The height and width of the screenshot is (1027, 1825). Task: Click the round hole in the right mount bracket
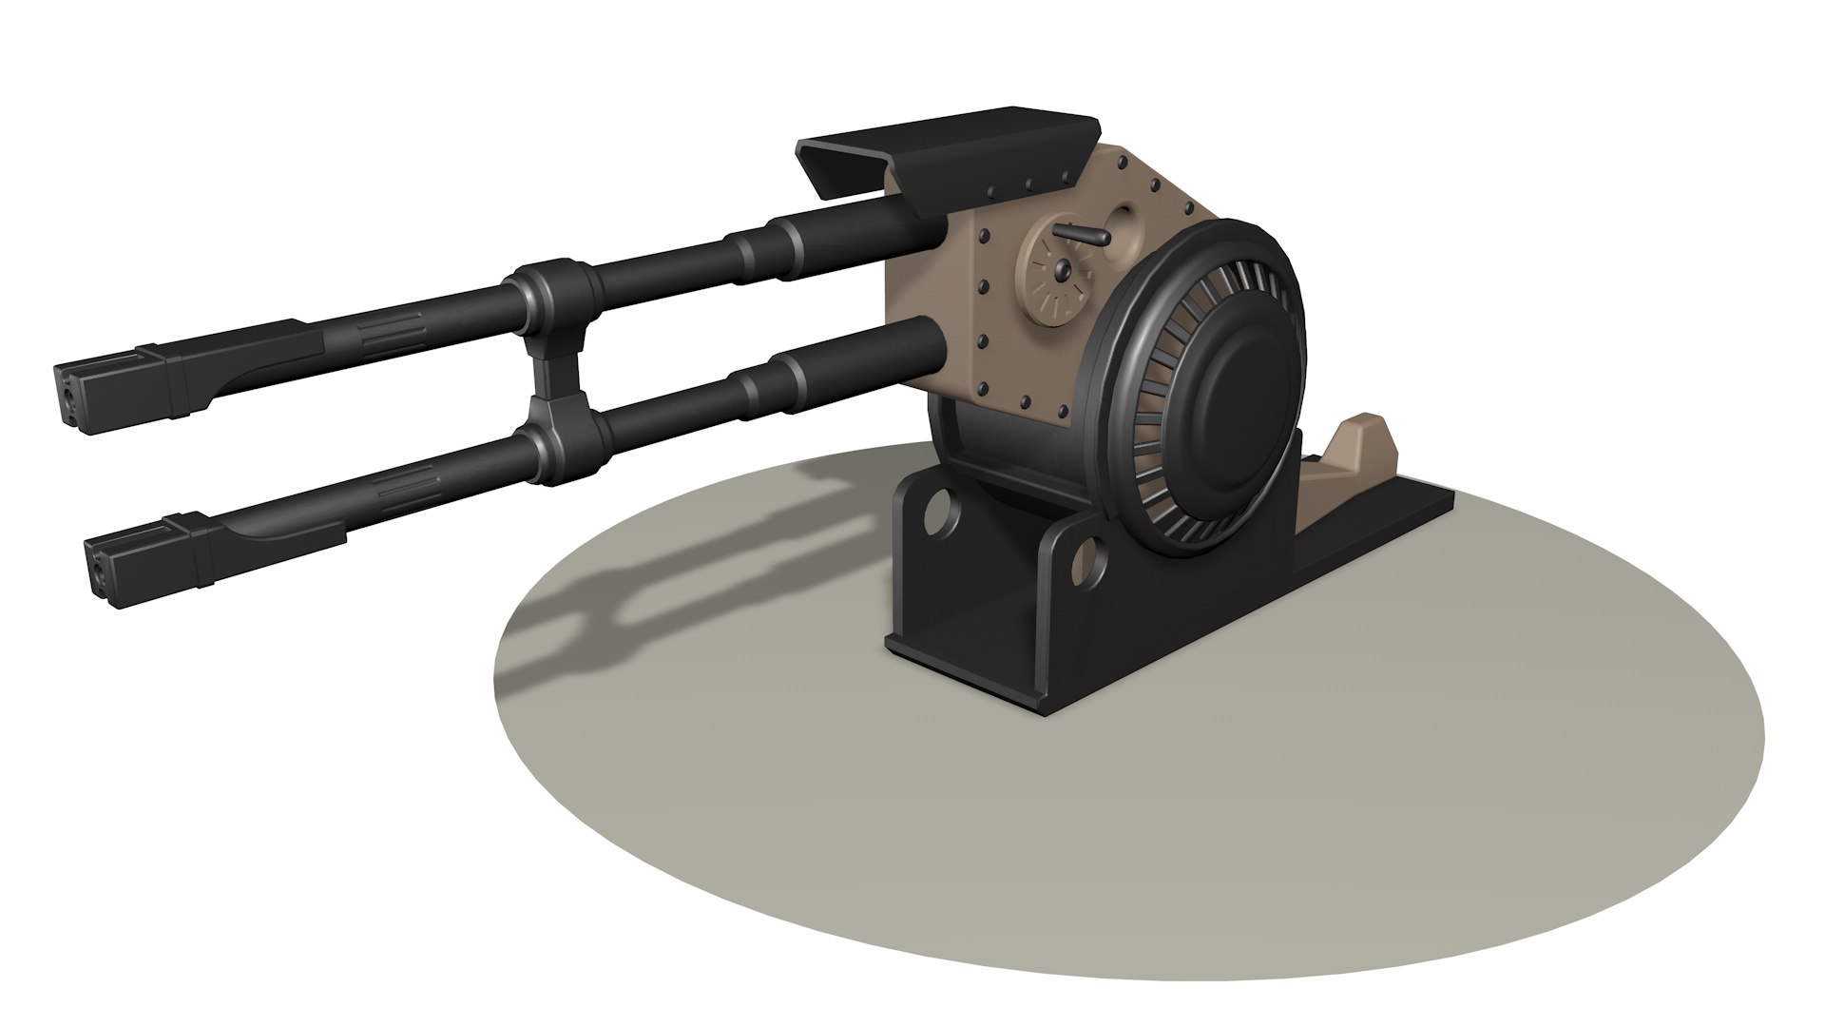tap(1084, 561)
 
